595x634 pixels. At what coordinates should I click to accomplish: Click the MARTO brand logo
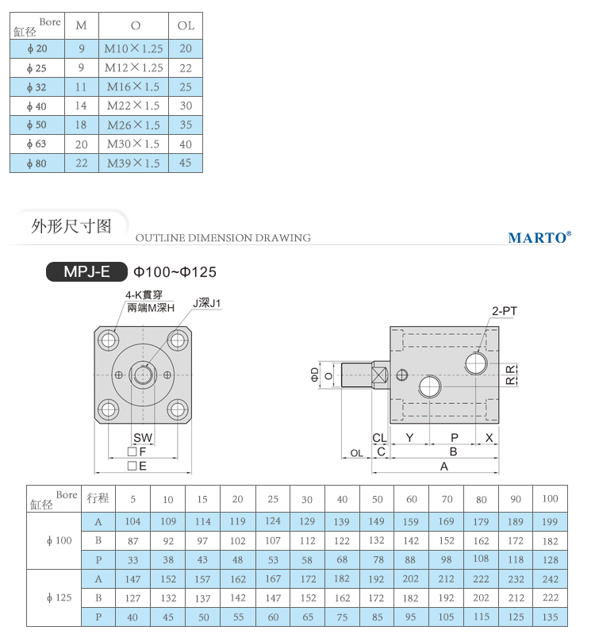[x=539, y=237]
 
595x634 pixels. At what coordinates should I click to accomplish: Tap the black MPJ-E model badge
[x=86, y=271]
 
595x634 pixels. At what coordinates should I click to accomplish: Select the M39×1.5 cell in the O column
[x=133, y=163]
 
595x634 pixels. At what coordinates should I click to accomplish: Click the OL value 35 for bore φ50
[x=186, y=125]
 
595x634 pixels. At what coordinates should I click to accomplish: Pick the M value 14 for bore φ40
[x=81, y=106]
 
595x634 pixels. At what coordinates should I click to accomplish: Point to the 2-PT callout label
[x=505, y=311]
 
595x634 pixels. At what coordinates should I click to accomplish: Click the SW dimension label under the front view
[x=143, y=437]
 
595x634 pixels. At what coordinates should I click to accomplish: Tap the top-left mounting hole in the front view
[x=109, y=340]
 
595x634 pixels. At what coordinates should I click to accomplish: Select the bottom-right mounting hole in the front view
[x=178, y=409]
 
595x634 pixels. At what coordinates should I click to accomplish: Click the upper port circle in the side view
[x=476, y=363]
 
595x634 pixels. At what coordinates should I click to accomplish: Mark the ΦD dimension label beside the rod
[x=315, y=375]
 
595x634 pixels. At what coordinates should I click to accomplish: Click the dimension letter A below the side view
[x=443, y=467]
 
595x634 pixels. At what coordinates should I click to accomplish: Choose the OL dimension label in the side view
[x=356, y=453]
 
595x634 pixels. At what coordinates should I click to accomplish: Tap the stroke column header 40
[x=342, y=499]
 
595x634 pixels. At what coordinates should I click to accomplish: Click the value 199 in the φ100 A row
[x=550, y=521]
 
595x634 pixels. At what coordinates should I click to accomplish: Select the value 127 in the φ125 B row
[x=132, y=598]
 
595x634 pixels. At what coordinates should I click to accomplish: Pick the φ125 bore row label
[x=59, y=597]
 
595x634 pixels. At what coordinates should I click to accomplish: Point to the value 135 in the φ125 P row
[x=550, y=617]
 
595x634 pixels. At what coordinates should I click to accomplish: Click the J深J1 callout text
[x=206, y=303]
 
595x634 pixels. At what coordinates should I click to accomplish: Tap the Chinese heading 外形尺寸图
[x=71, y=226]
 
